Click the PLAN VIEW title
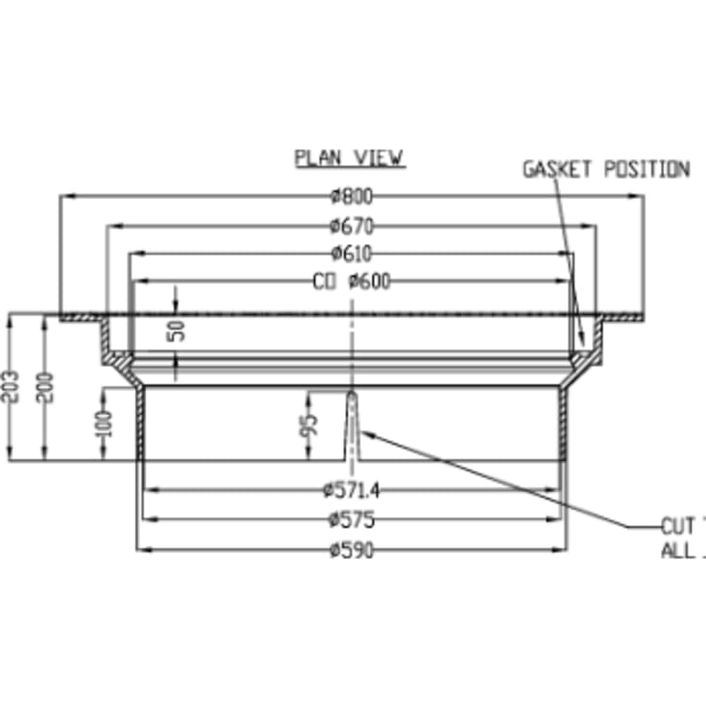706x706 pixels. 349,158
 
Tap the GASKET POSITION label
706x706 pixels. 605,170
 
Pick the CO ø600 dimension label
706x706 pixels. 350,281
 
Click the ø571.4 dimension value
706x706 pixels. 353,491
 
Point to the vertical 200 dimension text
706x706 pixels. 50,386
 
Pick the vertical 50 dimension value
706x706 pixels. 177,331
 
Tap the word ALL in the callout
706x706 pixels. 678,551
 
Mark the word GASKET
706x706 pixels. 557,170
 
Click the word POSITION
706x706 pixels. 645,170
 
